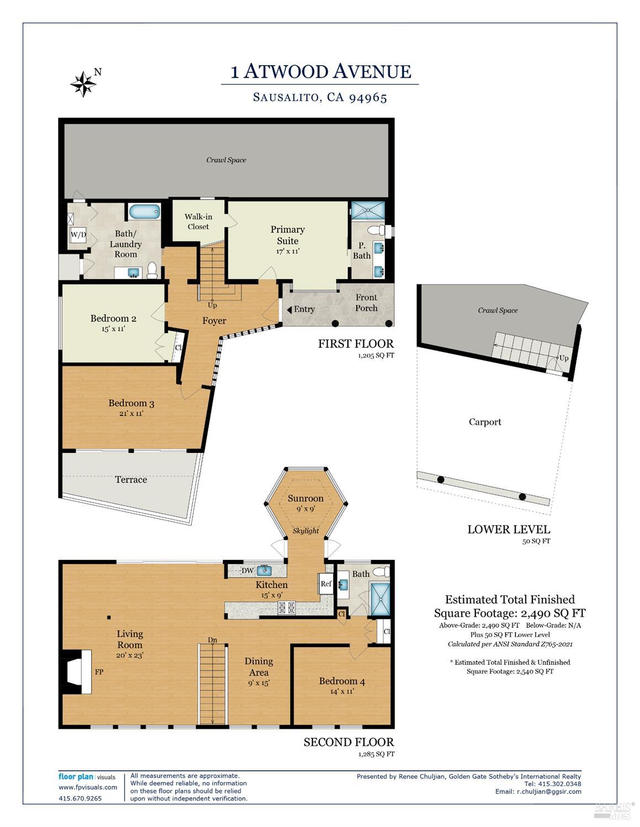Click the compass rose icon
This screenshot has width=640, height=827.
(83, 84)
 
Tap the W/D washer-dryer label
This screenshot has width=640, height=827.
(78, 235)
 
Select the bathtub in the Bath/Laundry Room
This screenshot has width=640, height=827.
(144, 211)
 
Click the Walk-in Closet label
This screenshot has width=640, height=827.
(198, 222)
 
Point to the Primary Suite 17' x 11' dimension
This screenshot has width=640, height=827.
(287, 252)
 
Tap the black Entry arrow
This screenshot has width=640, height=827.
(289, 310)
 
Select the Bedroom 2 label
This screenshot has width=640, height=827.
(113, 318)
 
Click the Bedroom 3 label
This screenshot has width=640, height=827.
(131, 403)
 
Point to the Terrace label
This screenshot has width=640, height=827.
(131, 480)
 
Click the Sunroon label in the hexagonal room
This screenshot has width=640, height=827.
(305, 499)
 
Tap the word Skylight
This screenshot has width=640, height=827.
(306, 531)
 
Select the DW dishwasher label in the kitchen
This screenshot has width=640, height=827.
(247, 570)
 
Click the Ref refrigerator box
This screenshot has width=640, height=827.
(326, 584)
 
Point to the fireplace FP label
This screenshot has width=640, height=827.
(99, 673)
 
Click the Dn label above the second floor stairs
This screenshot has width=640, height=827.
(212, 640)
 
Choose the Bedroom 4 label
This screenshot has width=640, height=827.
(342, 681)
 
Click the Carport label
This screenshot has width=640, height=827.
(485, 422)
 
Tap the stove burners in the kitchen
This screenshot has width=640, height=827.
(287, 609)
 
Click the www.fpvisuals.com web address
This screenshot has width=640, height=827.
(88, 787)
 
